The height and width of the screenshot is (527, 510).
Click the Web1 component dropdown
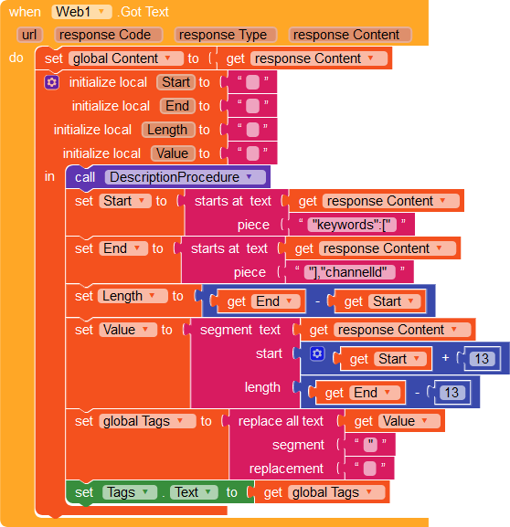[x=81, y=12]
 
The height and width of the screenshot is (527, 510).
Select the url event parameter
[x=29, y=35]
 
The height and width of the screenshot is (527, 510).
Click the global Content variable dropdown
[x=126, y=58]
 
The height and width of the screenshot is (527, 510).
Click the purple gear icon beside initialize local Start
[x=52, y=82]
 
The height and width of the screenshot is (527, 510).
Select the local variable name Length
[x=167, y=130]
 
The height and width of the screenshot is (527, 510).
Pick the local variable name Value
[x=172, y=153]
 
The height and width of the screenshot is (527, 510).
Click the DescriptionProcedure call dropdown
[x=185, y=177]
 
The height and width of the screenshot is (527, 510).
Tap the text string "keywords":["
[x=352, y=225]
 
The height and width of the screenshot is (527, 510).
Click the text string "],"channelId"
[x=349, y=272]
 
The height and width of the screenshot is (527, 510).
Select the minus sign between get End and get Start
[x=317, y=301]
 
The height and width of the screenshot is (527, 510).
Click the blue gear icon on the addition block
[x=317, y=353]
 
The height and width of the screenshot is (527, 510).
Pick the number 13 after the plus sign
[x=482, y=359]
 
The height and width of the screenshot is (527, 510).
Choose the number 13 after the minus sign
[x=452, y=393]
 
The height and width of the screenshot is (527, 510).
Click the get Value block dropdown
[x=409, y=421]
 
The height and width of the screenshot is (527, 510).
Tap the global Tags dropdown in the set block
[x=147, y=421]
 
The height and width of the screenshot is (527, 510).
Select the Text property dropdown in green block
[x=194, y=492]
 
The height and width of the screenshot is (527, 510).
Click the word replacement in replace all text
[x=286, y=469]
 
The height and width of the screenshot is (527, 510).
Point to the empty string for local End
[x=252, y=106]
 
